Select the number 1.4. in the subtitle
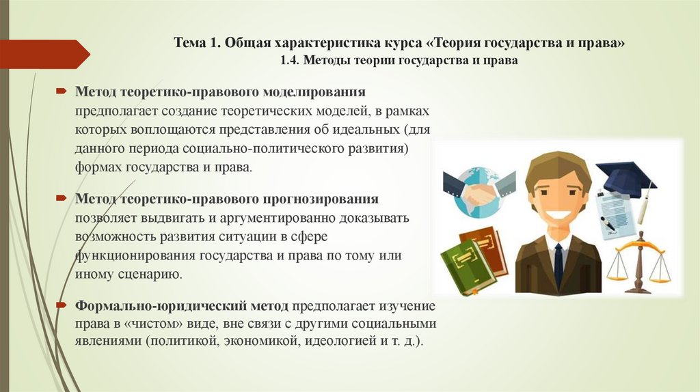[x=290, y=61]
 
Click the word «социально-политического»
[x=251, y=148]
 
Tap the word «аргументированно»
[x=277, y=219]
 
